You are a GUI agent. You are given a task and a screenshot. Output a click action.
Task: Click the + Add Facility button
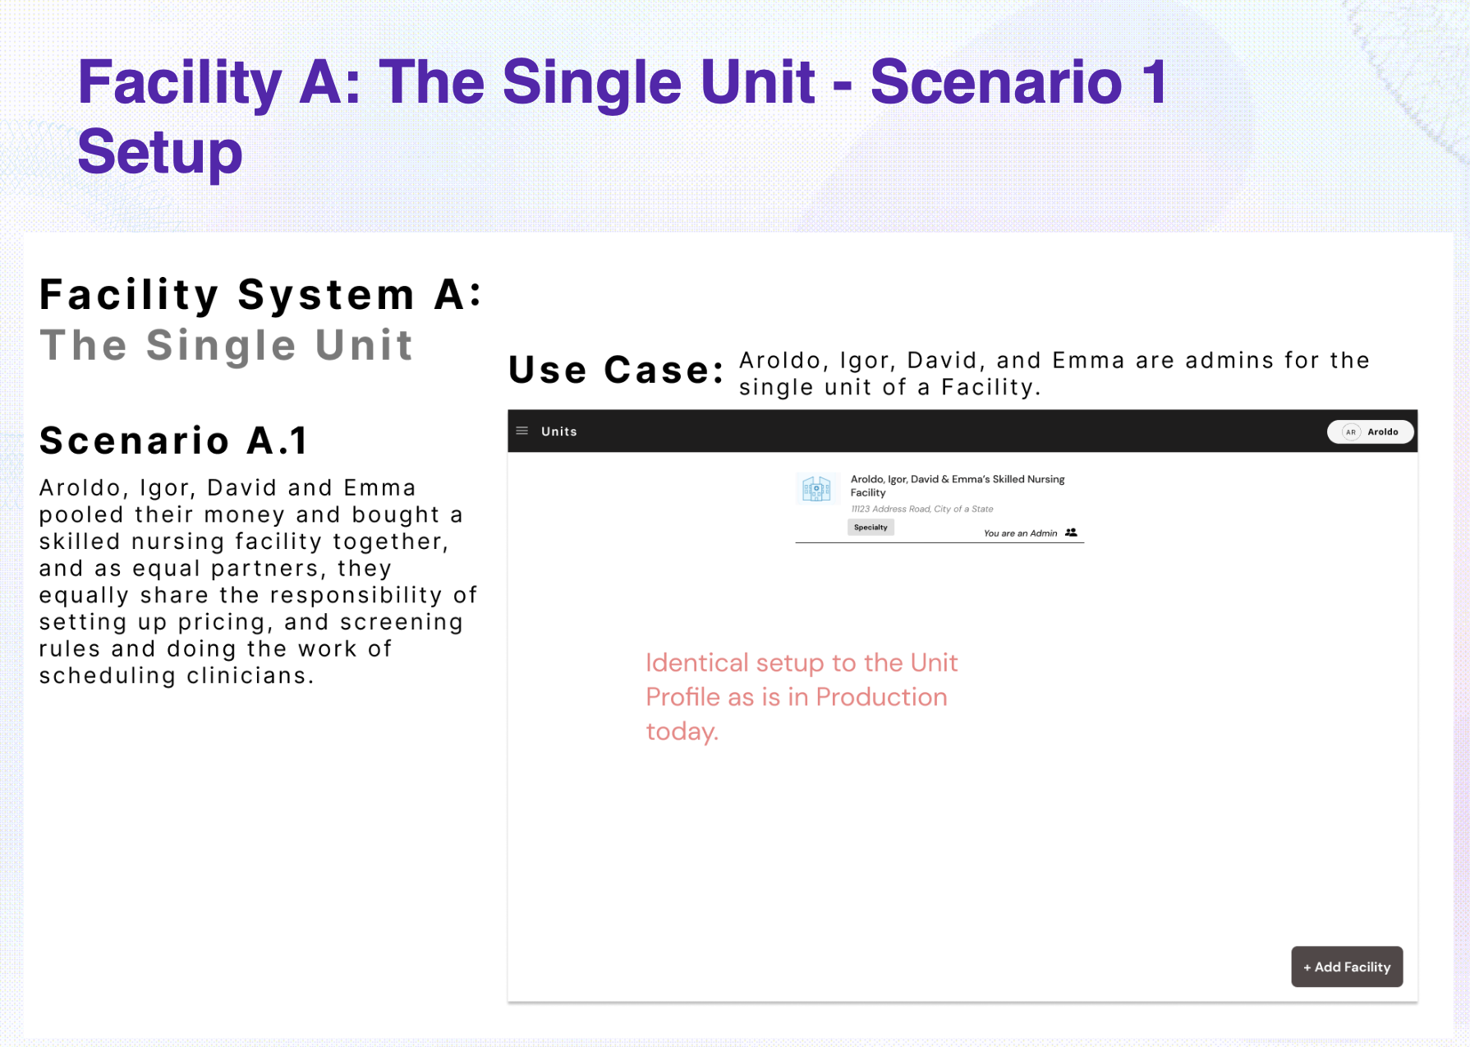[x=1347, y=966]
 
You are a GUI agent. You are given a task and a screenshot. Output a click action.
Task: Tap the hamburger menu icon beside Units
[x=521, y=431]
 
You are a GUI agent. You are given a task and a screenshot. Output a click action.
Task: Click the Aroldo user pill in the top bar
[x=1370, y=431]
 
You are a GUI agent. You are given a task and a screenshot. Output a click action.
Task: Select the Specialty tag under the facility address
[x=871, y=528]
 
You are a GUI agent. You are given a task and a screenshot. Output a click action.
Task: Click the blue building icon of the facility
[x=816, y=489]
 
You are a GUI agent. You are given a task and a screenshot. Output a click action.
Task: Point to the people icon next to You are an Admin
[x=1071, y=533]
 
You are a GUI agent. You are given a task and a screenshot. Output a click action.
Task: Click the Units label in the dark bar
[x=559, y=431]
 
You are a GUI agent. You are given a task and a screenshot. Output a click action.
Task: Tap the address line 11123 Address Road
[x=922, y=509]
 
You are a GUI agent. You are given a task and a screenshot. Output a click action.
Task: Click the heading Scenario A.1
[x=173, y=440]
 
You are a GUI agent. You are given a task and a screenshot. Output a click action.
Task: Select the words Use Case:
[x=616, y=370]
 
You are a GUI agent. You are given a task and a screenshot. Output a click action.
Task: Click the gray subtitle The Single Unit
[x=226, y=345]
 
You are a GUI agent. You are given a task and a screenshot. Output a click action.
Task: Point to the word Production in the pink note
[x=881, y=697]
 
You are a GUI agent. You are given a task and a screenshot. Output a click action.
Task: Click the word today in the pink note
[x=681, y=731]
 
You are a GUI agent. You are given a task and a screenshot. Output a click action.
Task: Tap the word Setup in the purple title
[x=160, y=152]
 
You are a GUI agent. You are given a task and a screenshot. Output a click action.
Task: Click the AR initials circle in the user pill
[x=1351, y=431]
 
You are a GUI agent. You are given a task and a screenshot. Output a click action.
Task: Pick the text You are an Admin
[x=1020, y=533]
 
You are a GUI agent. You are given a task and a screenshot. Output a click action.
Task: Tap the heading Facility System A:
[x=260, y=295]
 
